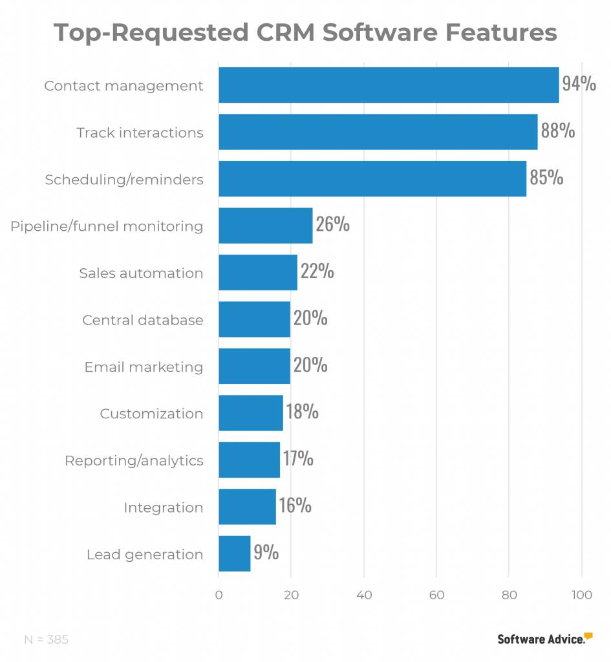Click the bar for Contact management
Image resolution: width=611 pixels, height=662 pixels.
(389, 85)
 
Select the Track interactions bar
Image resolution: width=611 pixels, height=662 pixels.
(378, 132)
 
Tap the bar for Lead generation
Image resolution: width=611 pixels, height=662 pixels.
(234, 553)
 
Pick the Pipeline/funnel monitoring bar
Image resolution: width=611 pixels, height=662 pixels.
(265, 226)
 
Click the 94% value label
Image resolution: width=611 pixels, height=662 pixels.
(579, 84)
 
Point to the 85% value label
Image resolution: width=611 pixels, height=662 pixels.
(546, 177)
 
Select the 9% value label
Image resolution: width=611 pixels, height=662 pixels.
(266, 552)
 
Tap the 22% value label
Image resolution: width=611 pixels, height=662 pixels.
(317, 271)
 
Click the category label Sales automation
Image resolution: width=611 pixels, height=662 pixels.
(141, 273)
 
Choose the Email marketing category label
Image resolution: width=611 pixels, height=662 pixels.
(144, 367)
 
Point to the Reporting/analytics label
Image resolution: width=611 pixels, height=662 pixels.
(134, 460)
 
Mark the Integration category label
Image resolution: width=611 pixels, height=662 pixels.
(163, 507)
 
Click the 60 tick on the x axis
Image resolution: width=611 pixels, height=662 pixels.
(436, 595)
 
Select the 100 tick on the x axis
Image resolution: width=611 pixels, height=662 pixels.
(581, 595)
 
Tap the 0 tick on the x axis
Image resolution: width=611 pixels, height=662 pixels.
(219, 595)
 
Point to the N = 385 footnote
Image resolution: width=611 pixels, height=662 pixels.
(46, 639)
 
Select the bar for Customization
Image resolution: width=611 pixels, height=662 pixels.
(251, 413)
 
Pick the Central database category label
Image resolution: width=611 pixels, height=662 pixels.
(142, 320)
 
